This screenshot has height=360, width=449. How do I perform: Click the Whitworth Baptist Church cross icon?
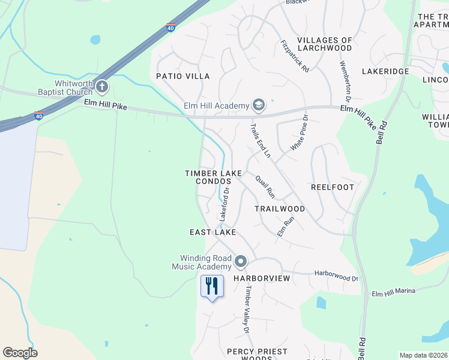tap(101, 88)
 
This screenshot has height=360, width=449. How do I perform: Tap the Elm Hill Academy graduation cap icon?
tap(259, 106)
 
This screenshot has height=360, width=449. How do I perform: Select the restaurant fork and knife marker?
tap(211, 286)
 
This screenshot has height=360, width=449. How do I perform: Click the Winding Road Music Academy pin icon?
tap(241, 262)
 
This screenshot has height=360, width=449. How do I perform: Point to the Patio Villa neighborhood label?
tap(183, 76)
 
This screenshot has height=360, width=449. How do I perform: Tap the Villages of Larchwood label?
tap(324, 44)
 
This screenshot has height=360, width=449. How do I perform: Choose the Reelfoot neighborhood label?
tap(333, 187)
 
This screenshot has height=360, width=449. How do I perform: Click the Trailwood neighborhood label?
tap(280, 209)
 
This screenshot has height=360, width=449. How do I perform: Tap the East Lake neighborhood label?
tap(212, 232)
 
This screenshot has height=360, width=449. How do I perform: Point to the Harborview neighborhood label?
tap(262, 279)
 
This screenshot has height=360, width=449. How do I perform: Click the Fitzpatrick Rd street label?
tap(295, 56)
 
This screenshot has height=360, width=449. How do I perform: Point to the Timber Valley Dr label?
tap(246, 308)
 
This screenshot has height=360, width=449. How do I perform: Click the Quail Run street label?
tap(265, 187)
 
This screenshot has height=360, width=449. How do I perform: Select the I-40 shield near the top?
tap(171, 28)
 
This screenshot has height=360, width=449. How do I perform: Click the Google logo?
tap(20, 353)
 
